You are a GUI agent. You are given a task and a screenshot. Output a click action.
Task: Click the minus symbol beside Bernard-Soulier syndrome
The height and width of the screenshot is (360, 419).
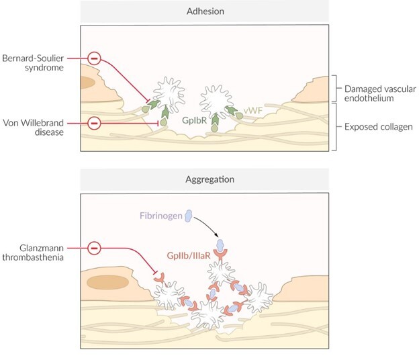coord(95,60)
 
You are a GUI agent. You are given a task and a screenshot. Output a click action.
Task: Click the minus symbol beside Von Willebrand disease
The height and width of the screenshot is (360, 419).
coord(95,124)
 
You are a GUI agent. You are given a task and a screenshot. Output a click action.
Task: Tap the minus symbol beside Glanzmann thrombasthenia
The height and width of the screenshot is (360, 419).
coord(95,249)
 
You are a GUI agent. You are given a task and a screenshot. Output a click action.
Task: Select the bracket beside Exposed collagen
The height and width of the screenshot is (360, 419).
coord(335,126)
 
